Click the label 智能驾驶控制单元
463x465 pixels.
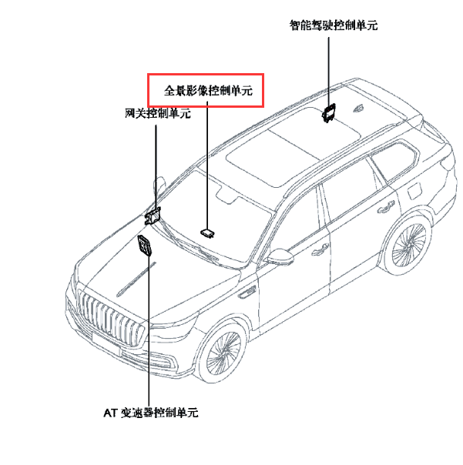click(334, 25)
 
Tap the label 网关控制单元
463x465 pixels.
click(158, 113)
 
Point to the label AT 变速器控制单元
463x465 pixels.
click(151, 413)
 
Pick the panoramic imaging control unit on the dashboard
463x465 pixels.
click(206, 229)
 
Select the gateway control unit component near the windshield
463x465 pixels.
click(153, 214)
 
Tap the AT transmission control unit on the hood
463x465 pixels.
click(145, 246)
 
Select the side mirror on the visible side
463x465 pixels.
click(279, 256)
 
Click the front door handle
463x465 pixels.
click(318, 251)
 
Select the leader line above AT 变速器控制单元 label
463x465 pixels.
click(148, 331)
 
